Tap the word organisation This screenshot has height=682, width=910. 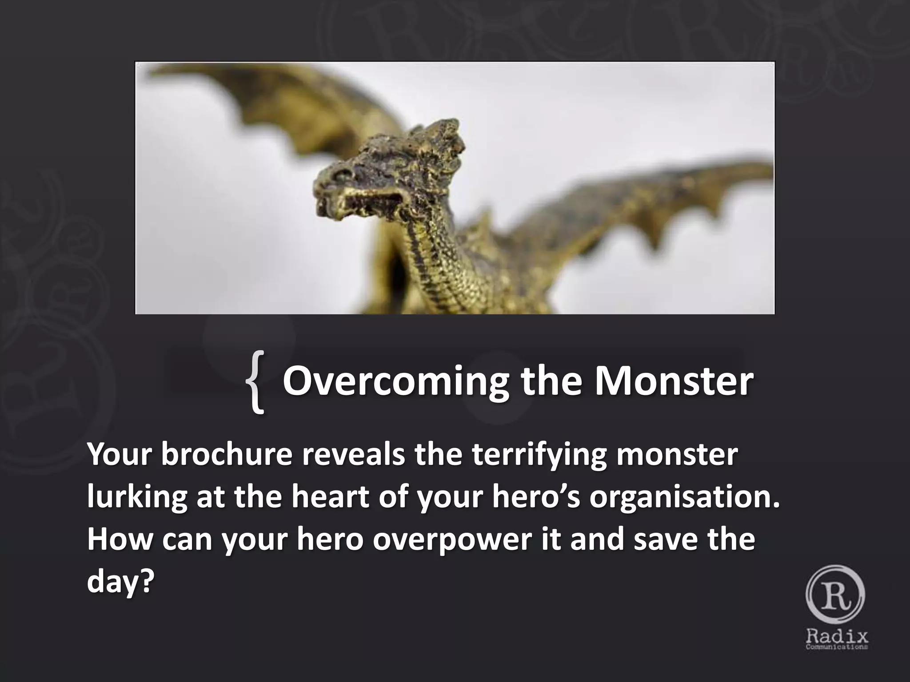pyautogui.click(x=684, y=497)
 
